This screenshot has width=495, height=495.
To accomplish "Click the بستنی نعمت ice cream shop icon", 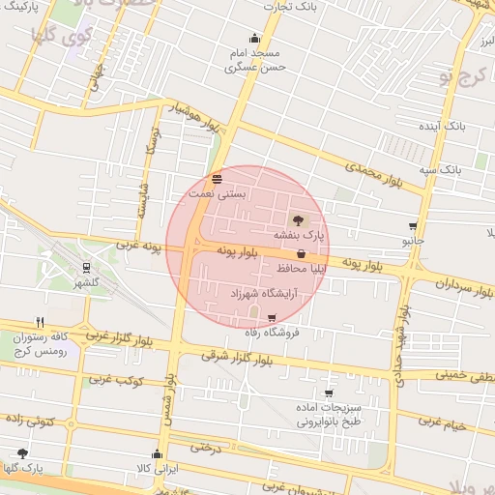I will coord(217,179).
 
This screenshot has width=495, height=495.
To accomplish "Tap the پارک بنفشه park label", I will coord(299,234).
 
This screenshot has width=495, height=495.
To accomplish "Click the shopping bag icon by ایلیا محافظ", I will coord(301,253).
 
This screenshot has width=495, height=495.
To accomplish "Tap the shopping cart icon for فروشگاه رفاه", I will coord(271,318).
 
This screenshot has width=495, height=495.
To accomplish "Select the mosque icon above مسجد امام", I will coord(254,39).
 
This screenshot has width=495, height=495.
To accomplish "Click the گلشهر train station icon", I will coord(86,268).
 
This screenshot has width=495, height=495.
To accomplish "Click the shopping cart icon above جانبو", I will coord(414,225).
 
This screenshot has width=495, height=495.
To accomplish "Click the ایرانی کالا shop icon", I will coord(157,453).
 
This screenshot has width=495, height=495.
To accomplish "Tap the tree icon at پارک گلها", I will coord(22,453).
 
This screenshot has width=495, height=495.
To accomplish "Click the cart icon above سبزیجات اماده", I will coord(329,393).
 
